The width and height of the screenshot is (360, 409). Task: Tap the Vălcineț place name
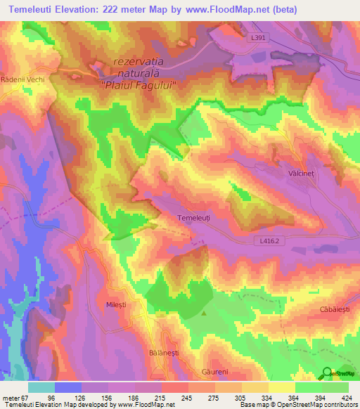tap(303, 171)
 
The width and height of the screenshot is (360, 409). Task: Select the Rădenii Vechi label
tap(23, 79)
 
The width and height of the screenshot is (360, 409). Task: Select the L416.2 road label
tap(269, 241)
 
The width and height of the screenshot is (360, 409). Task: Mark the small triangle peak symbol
tap(204, 314)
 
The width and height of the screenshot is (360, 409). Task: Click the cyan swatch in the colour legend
tap(41, 387)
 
